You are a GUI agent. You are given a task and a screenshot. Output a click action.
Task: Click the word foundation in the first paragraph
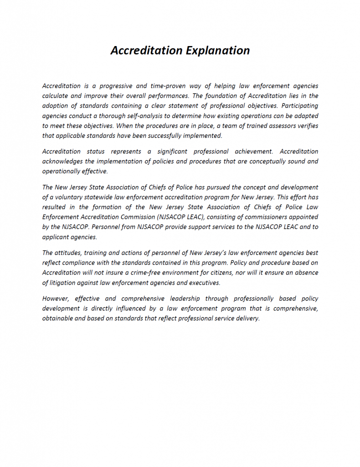[x=211, y=96]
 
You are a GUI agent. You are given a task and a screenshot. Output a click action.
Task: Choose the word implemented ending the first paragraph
[x=203, y=136]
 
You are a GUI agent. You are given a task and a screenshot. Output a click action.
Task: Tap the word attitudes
[x=68, y=253]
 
